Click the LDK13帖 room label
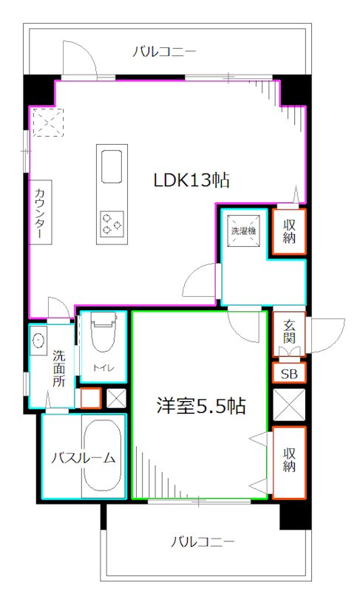190,180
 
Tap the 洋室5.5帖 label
200,406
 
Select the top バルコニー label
164,52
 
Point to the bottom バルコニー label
203,542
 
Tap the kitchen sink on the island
111,165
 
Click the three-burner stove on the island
111,222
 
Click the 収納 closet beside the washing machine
288,232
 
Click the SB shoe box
288,374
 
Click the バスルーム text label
83,458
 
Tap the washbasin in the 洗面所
38,342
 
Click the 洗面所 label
58,367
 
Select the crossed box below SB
288,405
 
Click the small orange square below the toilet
90,398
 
